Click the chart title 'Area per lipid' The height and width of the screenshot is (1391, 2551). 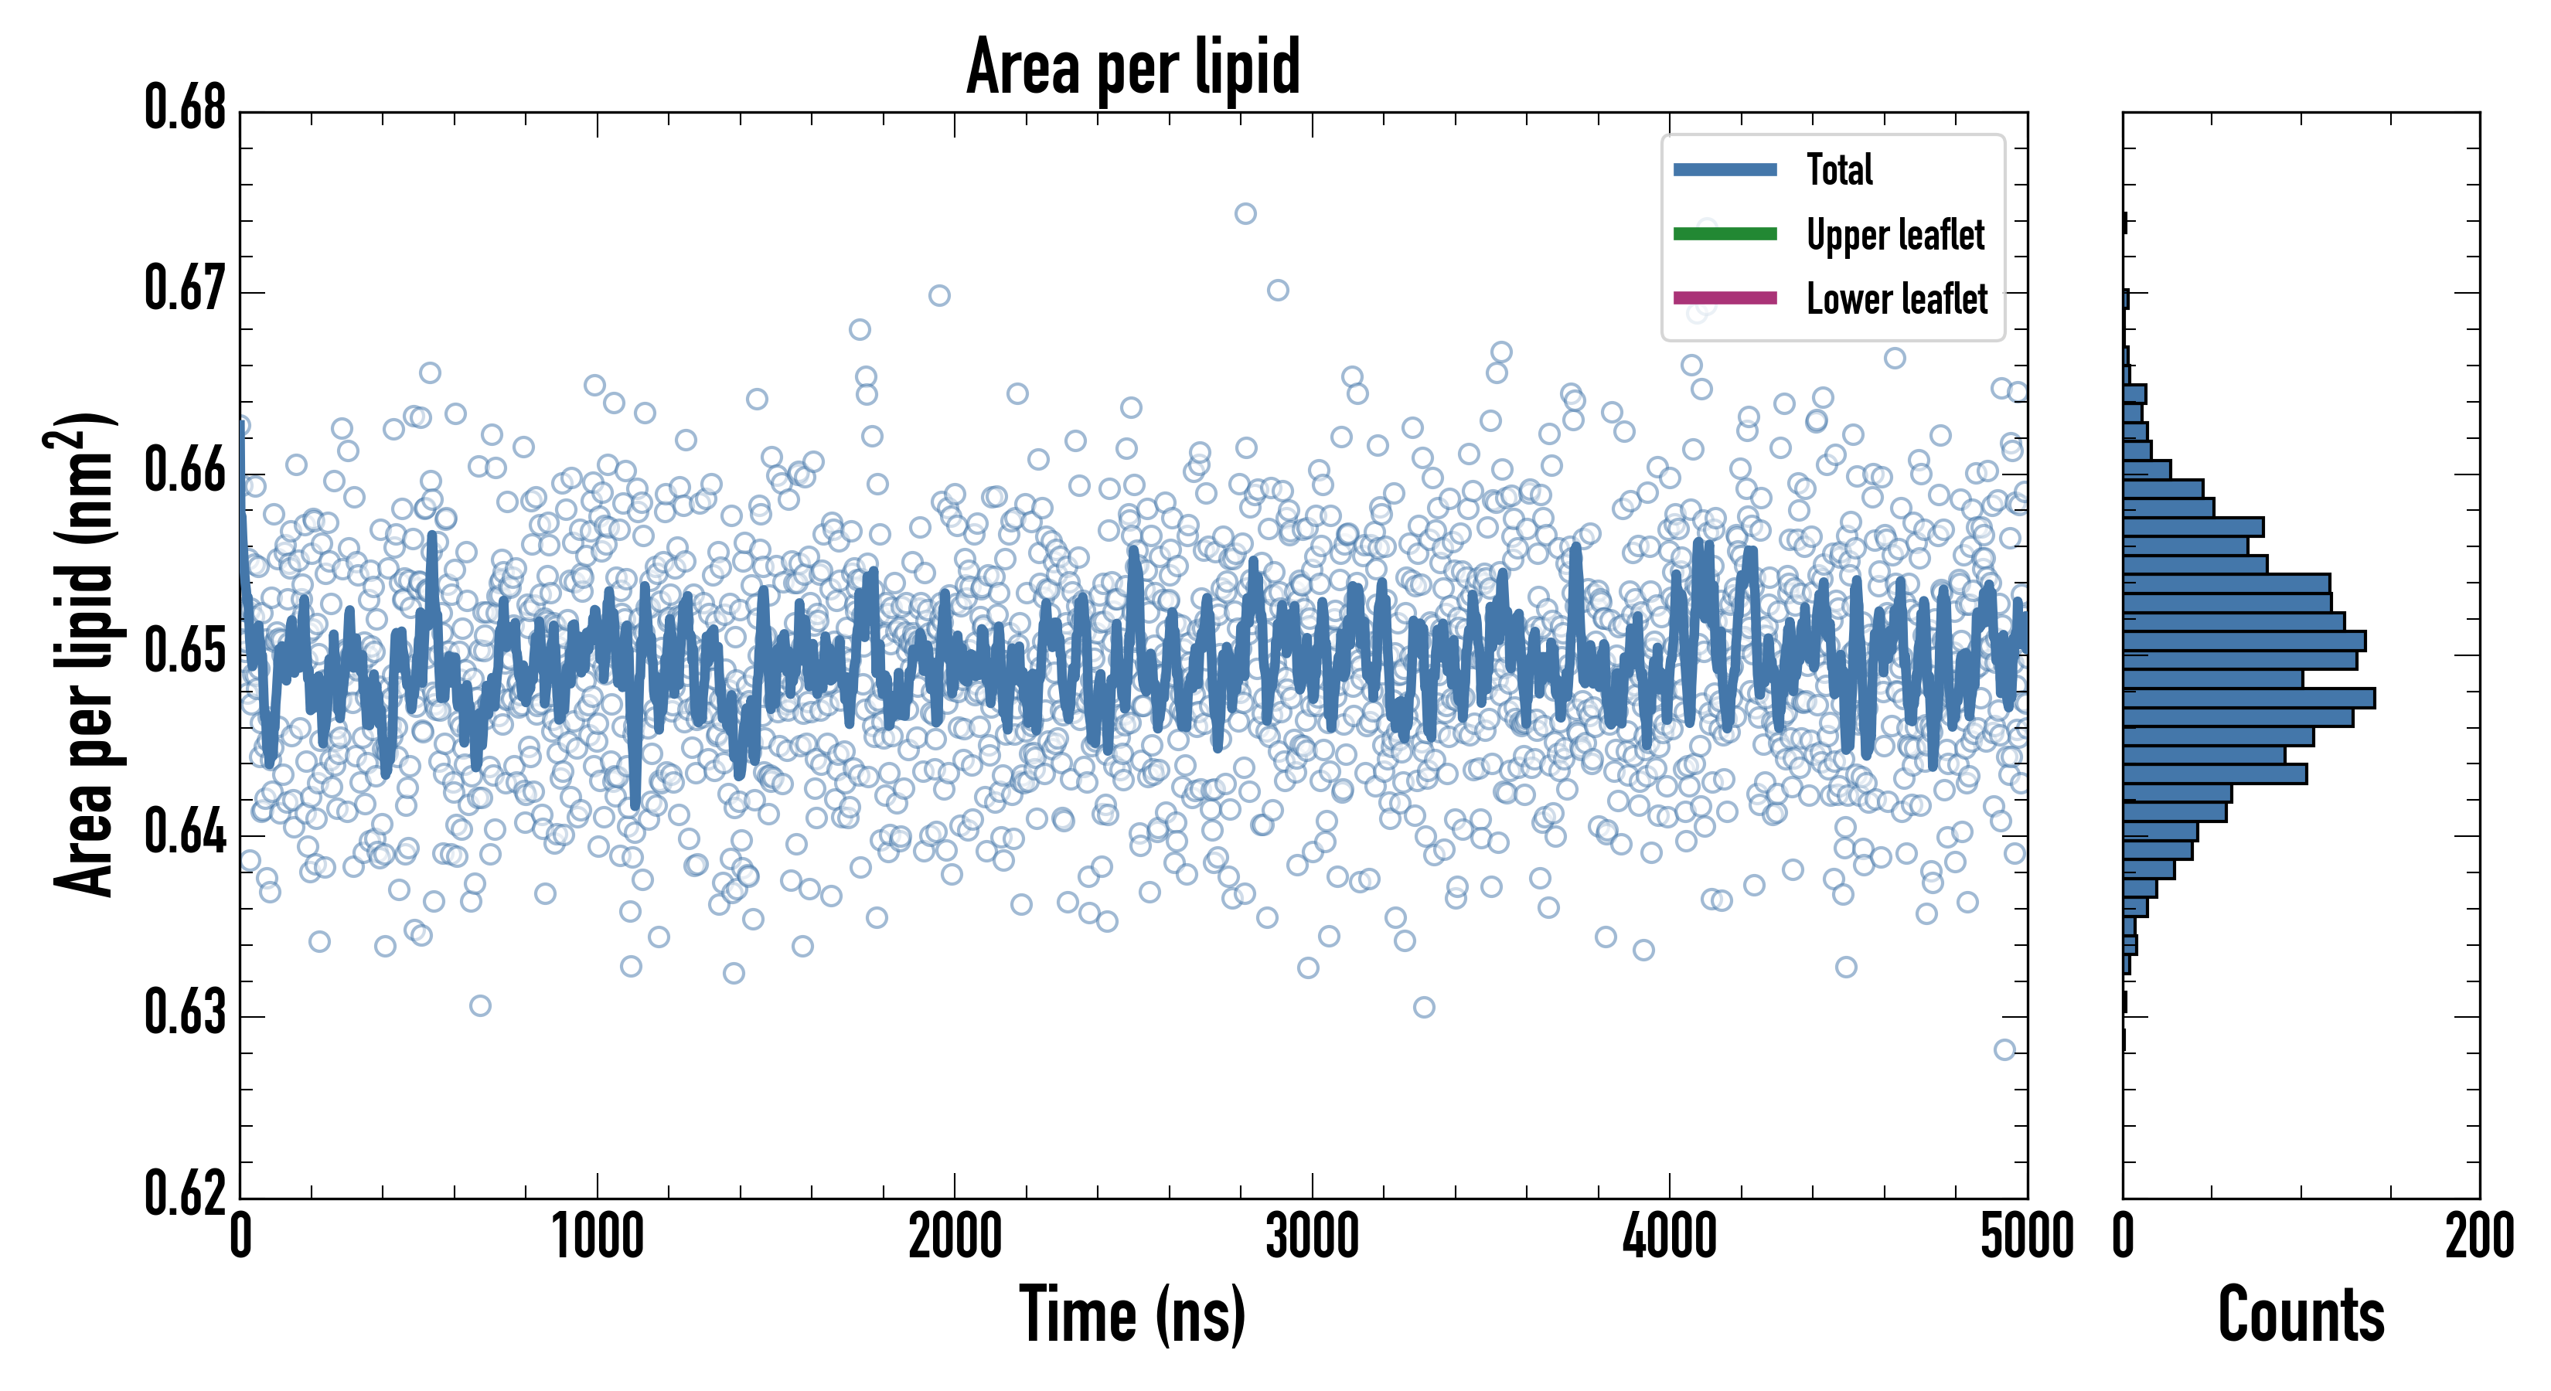click(1133, 66)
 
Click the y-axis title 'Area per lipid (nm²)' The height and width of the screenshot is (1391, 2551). click(85, 655)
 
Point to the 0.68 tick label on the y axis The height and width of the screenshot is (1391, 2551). click(186, 108)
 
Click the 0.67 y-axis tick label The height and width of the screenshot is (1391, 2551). click(186, 289)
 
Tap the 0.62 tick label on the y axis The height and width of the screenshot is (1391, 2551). click(186, 1193)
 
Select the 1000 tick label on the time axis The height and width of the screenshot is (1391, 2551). click(597, 1236)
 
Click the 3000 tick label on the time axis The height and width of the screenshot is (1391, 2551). click(1312, 1236)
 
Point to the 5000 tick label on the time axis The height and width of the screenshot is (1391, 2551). click(2026, 1236)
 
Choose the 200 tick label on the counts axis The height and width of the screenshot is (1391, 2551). click(2478, 1236)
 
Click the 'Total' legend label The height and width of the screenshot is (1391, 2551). click(1839, 169)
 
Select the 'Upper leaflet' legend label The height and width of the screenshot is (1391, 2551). click(1895, 235)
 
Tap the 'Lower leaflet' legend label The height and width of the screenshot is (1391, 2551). click(1896, 298)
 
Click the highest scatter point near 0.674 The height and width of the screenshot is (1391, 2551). click(1245, 214)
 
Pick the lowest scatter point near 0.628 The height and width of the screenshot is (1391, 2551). click(2004, 1049)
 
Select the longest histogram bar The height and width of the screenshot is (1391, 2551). click(2248, 698)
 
